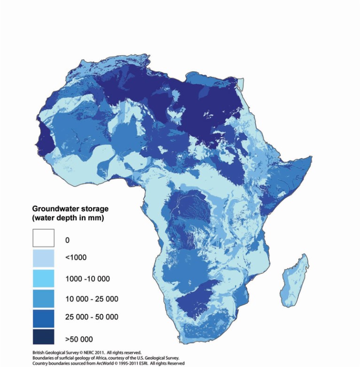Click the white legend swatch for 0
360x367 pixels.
coord(43,237)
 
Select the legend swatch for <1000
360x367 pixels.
coord(43,258)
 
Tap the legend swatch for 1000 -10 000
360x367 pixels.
coord(43,278)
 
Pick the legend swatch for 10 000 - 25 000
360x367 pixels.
coord(43,298)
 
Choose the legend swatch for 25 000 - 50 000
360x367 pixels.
coord(43,318)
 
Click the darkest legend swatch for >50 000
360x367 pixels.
coord(43,338)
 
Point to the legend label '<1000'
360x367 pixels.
coord(76,258)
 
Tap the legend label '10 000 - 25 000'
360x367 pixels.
coord(92,299)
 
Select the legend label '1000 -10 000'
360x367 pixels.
coord(87,279)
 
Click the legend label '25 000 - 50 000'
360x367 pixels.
coord(92,317)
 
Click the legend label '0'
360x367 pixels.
coord(67,240)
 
